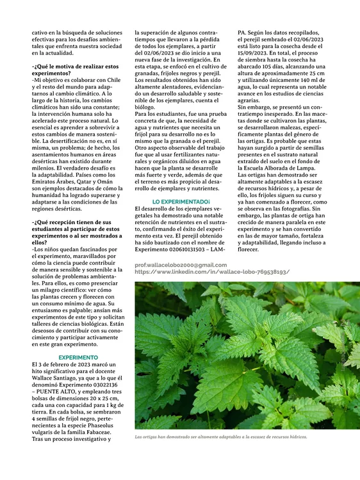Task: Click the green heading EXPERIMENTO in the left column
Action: (x=78, y=357)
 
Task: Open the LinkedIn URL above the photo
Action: (x=212, y=272)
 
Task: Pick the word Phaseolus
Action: (x=102, y=425)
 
